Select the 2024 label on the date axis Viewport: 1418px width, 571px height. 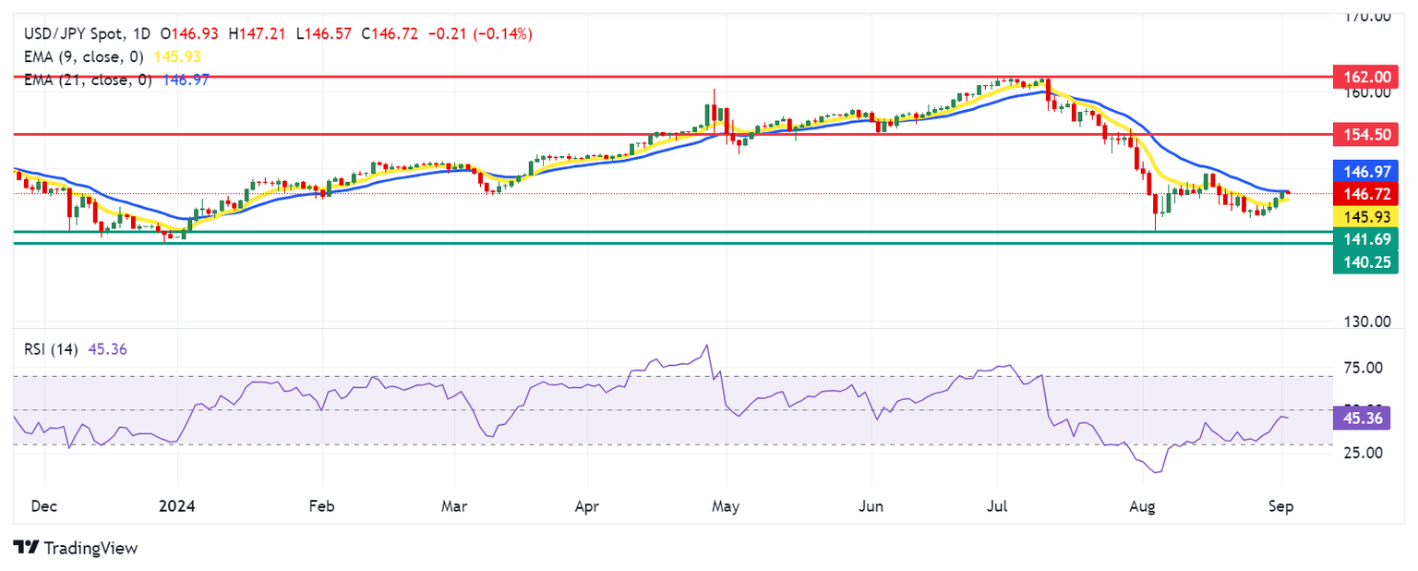[x=176, y=507]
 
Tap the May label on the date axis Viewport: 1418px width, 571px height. [x=727, y=507]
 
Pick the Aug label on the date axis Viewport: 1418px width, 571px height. [x=1142, y=507]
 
